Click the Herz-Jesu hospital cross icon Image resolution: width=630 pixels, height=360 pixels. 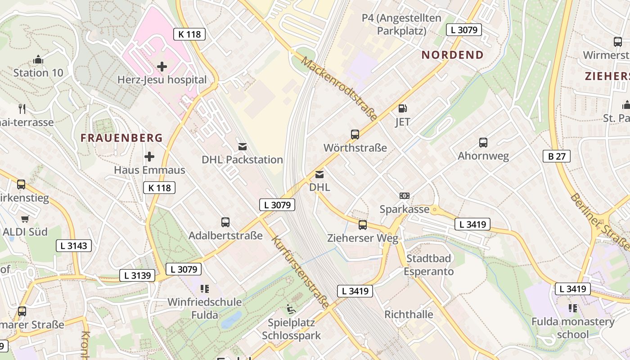162,67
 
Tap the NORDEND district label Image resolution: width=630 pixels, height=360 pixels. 452,55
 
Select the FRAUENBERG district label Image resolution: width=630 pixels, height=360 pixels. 121,138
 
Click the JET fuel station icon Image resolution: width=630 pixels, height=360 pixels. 403,108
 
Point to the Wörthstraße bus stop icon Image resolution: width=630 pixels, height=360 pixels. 355,134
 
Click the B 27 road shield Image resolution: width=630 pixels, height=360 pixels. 556,156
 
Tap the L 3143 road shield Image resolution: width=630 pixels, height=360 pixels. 74,245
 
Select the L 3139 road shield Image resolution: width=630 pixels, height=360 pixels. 137,275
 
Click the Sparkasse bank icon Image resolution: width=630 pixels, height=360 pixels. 405,196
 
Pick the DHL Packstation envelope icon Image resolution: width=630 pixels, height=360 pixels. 242,146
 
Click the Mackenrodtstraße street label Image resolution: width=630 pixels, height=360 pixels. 340,89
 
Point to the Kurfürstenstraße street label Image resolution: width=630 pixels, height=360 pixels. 301,272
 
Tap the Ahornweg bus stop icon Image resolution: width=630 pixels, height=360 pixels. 483,143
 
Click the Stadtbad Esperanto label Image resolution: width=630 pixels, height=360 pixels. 428,265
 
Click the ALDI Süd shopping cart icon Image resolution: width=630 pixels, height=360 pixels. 25,219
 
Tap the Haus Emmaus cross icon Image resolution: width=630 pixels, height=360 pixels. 149,157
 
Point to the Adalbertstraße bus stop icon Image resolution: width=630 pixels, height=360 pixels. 225,222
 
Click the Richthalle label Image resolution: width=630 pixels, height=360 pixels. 409,314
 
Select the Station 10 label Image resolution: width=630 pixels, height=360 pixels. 38,72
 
